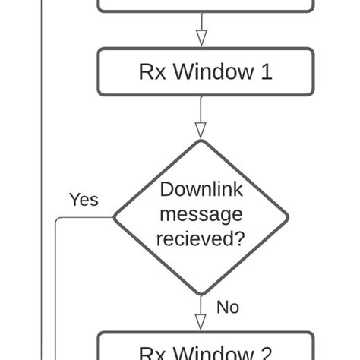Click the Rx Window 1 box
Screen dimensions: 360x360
pos(205,72)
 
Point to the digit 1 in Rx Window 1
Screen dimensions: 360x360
pos(266,72)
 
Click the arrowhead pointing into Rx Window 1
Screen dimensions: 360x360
pos(201,39)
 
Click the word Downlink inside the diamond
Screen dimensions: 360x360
pos(201,189)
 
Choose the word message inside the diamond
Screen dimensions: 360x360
pos(201,214)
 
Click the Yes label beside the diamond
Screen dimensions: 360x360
pos(84,200)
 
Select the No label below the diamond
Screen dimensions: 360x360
pos(228,307)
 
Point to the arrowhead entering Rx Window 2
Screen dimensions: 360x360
pos(201,322)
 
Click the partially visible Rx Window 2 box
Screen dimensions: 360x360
pos(205,348)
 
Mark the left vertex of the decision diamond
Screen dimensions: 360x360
pos(115,217)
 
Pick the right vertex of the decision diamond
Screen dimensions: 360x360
pos(289,217)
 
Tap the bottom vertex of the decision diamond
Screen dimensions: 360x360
pos(201,294)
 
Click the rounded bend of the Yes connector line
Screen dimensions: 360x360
pos(58,220)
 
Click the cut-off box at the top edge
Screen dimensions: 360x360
pos(205,5)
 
